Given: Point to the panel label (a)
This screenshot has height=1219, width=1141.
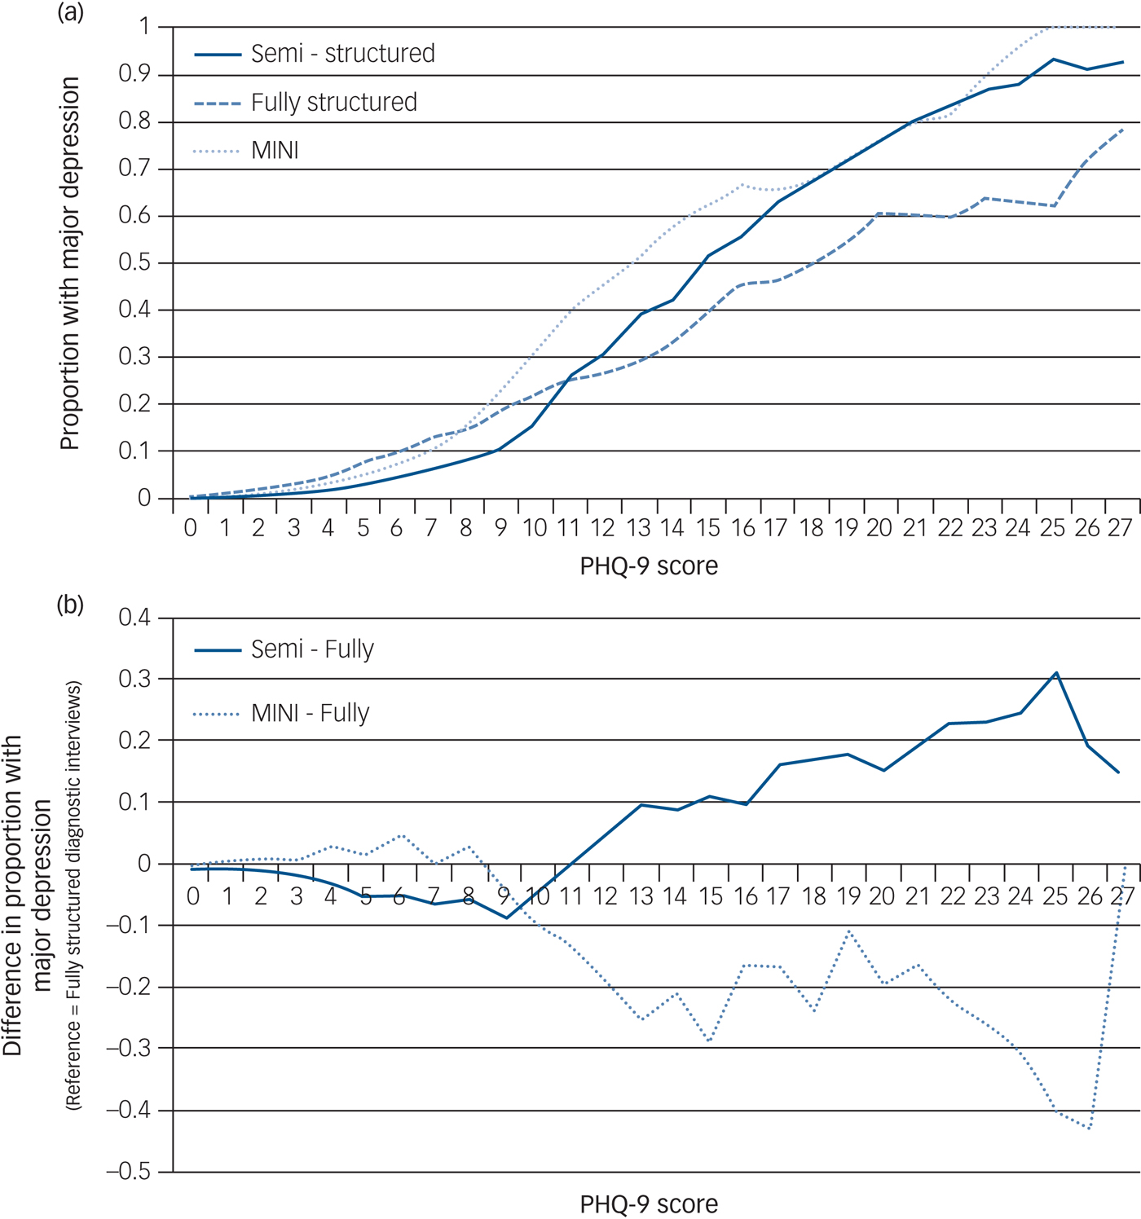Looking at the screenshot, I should tap(70, 13).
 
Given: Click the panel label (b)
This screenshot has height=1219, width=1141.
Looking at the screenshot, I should tap(70, 605).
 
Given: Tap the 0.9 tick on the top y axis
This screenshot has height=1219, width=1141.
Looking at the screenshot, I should tap(134, 75).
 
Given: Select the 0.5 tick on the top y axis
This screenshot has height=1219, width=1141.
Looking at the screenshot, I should tap(134, 263).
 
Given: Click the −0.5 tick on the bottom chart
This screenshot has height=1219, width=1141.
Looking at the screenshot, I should tap(129, 1173).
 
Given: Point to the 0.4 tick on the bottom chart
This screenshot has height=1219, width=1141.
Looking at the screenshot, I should tap(134, 618).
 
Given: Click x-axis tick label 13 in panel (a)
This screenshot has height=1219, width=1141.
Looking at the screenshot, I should tap(638, 529).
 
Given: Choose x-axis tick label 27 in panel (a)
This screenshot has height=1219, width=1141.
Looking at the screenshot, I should tap(1120, 529).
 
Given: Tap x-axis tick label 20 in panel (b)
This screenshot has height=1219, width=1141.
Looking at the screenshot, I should tap(882, 897).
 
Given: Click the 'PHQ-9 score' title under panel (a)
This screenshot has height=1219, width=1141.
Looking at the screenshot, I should tap(649, 566).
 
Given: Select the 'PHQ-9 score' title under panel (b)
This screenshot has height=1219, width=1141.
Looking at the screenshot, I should tap(649, 1204).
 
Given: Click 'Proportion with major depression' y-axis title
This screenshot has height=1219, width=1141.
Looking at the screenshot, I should tap(70, 263).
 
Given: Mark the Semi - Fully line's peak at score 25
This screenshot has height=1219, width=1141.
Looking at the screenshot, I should tap(1056, 673).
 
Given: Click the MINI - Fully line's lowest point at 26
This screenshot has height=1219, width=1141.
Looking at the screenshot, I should tap(1090, 1129).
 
